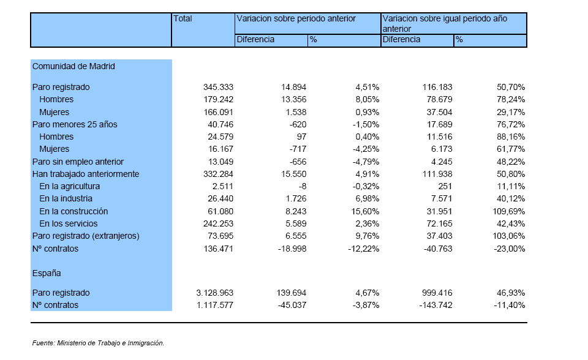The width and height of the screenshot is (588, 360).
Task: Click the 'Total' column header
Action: click(x=183, y=19)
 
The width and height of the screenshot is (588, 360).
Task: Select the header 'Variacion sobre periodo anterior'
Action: click(x=296, y=19)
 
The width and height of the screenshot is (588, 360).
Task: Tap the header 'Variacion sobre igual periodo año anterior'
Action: click(x=445, y=24)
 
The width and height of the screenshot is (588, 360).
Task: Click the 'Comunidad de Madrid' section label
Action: click(x=73, y=66)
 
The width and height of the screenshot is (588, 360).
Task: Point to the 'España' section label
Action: click(x=47, y=274)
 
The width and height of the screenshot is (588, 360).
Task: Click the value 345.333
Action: click(x=218, y=88)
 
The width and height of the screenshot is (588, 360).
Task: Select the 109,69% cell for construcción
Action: click(x=509, y=211)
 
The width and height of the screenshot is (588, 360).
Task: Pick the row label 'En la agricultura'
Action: click(x=69, y=186)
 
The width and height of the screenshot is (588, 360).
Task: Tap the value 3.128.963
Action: click(x=215, y=293)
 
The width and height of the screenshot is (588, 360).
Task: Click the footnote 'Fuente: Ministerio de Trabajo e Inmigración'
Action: click(x=98, y=343)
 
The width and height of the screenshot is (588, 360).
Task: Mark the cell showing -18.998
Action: click(x=292, y=249)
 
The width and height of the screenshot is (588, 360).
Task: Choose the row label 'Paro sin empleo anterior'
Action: click(x=78, y=162)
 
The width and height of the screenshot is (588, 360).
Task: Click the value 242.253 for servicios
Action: click(x=218, y=224)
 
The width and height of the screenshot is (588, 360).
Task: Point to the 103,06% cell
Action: click(x=509, y=236)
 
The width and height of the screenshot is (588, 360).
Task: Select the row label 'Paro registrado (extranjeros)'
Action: click(x=86, y=236)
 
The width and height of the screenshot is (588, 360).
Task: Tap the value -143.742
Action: click(x=435, y=306)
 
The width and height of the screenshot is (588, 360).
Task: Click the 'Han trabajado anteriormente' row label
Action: click(x=86, y=174)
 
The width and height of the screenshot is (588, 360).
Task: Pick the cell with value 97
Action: click(x=301, y=137)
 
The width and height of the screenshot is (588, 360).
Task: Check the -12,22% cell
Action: click(x=364, y=249)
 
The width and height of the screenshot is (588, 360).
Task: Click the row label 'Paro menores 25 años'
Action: click(x=75, y=124)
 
